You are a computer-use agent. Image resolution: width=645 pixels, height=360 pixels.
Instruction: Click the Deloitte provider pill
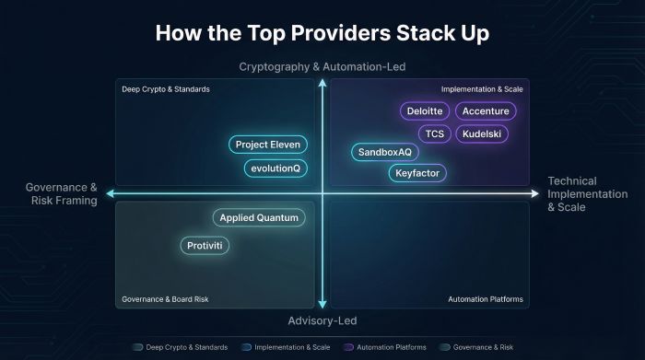[x=425, y=111]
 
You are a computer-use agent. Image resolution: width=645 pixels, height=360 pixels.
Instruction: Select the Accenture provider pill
[x=486, y=111]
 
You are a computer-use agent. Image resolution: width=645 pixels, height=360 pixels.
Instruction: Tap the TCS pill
[x=435, y=134]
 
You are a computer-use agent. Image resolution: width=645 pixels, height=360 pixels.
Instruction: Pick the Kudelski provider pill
[x=481, y=134]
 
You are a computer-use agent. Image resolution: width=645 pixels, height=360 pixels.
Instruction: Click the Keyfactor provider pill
[x=416, y=172]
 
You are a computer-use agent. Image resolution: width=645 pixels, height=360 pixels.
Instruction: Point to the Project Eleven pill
[x=267, y=145]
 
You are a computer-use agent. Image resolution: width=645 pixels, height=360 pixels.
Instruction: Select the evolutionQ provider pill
[x=276, y=168]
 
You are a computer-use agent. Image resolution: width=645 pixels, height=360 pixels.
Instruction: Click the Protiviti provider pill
[x=205, y=246]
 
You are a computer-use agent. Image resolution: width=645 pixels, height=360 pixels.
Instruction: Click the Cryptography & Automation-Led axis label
[x=322, y=67]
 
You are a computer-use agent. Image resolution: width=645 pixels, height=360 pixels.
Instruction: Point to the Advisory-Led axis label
[x=322, y=320]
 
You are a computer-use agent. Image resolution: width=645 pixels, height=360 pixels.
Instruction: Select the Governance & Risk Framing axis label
[x=61, y=193]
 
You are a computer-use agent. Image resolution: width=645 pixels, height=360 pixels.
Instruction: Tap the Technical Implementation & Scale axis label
[x=588, y=193]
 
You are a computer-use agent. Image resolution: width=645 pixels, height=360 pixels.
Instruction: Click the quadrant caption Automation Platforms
[x=485, y=299]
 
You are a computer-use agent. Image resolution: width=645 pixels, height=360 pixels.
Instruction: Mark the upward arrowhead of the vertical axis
[x=322, y=85]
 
